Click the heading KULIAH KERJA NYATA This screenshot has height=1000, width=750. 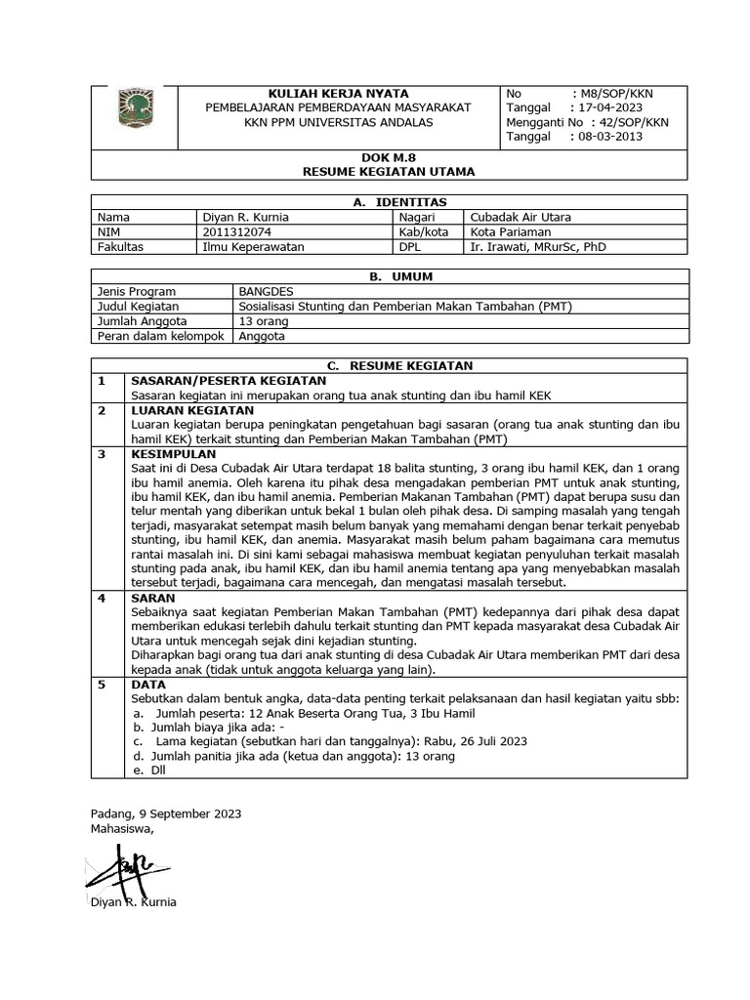click(331, 93)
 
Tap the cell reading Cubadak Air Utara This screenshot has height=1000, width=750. click(521, 217)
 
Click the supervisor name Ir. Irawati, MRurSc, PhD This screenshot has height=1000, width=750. click(538, 247)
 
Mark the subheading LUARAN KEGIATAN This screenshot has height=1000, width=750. click(186, 411)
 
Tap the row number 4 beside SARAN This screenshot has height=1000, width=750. click(101, 597)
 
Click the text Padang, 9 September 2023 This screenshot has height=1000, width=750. click(165, 812)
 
